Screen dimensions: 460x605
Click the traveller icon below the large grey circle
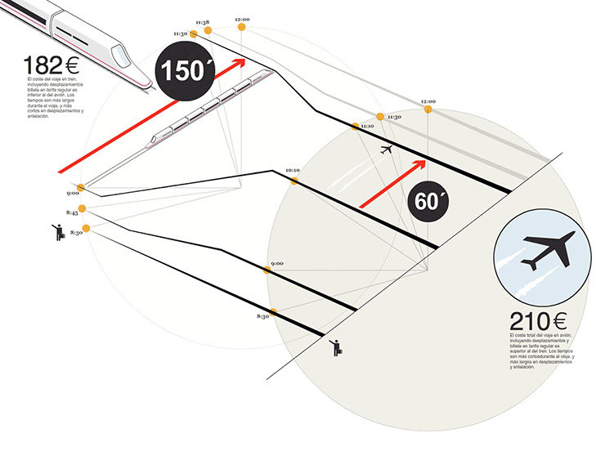(336, 347)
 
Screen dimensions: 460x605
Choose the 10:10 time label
(293, 170)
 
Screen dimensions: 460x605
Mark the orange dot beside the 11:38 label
(208, 30)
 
